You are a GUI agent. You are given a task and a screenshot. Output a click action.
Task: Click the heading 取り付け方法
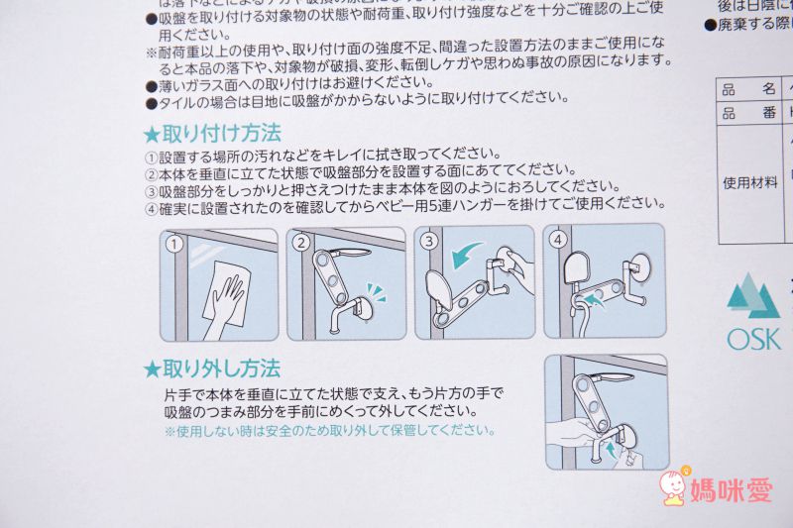pos(221,133)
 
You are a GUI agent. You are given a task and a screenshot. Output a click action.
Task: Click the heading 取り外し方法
pos(221,369)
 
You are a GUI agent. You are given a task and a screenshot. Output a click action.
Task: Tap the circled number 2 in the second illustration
pos(301,242)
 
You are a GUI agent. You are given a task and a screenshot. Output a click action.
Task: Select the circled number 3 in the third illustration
pos(429,241)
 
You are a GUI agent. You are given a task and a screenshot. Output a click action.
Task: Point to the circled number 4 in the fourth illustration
pos(557,241)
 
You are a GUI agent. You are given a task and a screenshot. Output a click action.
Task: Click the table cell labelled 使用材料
pos(749,182)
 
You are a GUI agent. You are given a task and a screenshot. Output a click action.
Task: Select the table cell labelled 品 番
pos(749,113)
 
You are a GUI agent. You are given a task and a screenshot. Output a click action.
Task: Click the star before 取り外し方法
pos(152,370)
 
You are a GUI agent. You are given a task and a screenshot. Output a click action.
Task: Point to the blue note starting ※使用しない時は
pos(329,431)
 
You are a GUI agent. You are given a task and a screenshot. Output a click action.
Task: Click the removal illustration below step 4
pos(606,411)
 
